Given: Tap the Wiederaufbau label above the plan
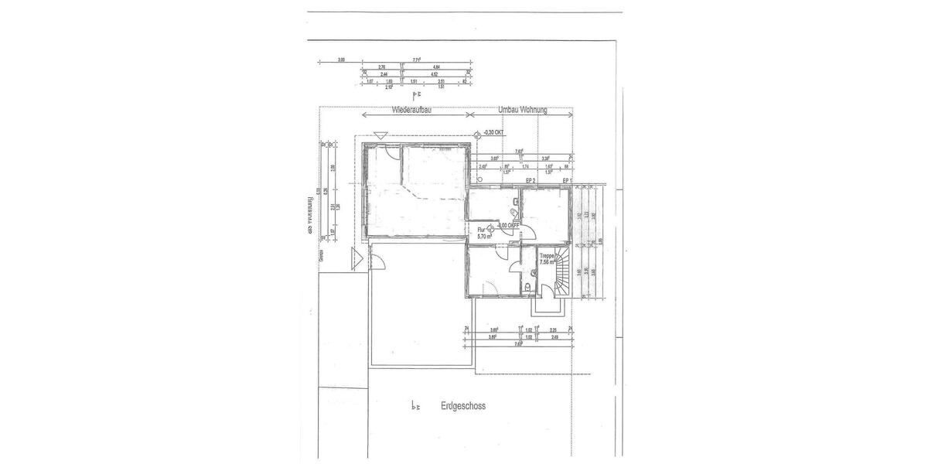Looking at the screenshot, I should point(411,111).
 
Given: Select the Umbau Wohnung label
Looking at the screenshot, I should point(523,111).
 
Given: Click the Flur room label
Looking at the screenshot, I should point(481,230).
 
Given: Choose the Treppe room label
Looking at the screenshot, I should point(548,256).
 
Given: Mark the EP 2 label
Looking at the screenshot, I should point(531,180).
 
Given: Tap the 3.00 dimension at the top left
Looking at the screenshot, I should point(341,60).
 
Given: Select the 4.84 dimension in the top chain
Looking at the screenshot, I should point(436,67).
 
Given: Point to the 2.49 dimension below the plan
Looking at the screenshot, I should point(554,337).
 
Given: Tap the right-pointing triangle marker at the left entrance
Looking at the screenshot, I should point(357,258).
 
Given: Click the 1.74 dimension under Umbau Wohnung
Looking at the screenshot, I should point(525,166).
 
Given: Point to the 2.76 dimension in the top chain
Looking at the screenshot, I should point(382,67).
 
